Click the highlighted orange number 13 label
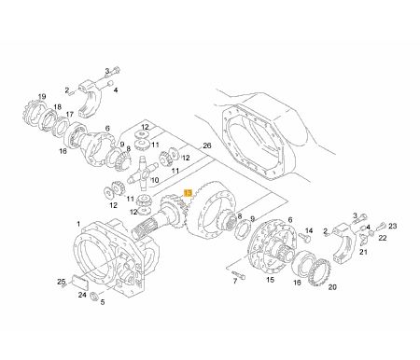click(x=189, y=193)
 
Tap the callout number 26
click(x=207, y=145)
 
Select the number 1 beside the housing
click(x=78, y=224)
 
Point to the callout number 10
click(x=155, y=180)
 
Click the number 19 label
click(x=42, y=97)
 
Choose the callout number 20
click(x=332, y=287)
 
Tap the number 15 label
click(x=270, y=280)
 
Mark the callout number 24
click(x=82, y=295)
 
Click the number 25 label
click(x=62, y=282)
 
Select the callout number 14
click(x=309, y=230)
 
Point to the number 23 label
click(x=393, y=226)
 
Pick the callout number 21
click(x=363, y=252)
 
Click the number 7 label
click(x=235, y=281)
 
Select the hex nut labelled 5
click(x=94, y=297)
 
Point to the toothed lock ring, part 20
click(x=320, y=271)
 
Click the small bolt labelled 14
click(x=304, y=238)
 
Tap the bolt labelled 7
click(x=239, y=274)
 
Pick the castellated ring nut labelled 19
click(x=33, y=115)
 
